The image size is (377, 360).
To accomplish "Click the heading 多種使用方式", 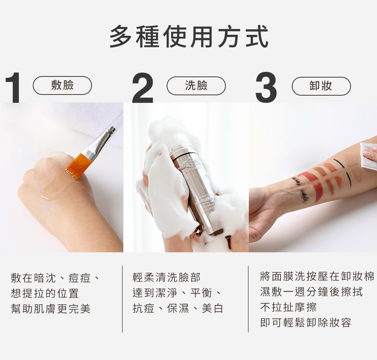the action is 189,37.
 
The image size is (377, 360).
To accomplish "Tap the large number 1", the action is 13,87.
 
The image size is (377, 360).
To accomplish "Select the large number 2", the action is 143,87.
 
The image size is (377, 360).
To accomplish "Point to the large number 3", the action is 266,87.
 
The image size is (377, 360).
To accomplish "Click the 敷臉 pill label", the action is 62,85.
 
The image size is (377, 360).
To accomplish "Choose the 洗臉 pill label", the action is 196,85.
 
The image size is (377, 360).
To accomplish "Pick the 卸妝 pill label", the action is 321,86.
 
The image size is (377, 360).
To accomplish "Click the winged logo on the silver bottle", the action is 192,165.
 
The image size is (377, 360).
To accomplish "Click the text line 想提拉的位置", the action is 45,293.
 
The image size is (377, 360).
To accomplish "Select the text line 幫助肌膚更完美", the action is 51,309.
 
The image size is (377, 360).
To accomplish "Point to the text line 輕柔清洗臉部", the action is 166,278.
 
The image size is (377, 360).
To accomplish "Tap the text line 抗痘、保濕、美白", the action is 178,308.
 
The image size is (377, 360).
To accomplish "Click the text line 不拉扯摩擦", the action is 288,307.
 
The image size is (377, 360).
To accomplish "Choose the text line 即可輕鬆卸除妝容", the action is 306,323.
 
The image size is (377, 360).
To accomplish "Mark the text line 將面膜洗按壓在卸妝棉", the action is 317,276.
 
